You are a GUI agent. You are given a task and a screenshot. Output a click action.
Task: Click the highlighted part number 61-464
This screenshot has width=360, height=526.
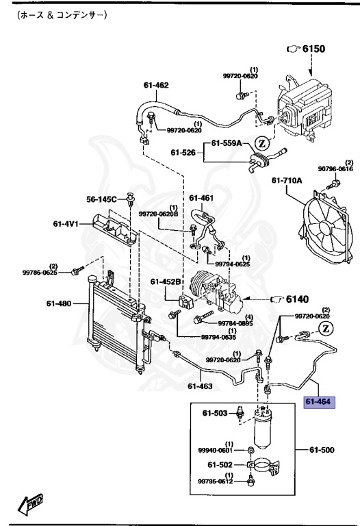click(x=318, y=403)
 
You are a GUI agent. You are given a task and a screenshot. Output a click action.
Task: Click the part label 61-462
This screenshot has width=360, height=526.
click(x=155, y=86)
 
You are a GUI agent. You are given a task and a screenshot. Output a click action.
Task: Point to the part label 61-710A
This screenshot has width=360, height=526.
click(x=286, y=181)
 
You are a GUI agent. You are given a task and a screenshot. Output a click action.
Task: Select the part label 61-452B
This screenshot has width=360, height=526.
click(x=166, y=281)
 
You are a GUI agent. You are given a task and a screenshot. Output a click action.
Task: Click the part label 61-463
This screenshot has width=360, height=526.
click(x=199, y=386)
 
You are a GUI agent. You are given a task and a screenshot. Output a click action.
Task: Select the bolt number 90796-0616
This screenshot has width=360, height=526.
click(x=333, y=168)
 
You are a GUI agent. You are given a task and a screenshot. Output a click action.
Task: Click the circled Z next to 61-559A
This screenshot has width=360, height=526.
click(x=261, y=143)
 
